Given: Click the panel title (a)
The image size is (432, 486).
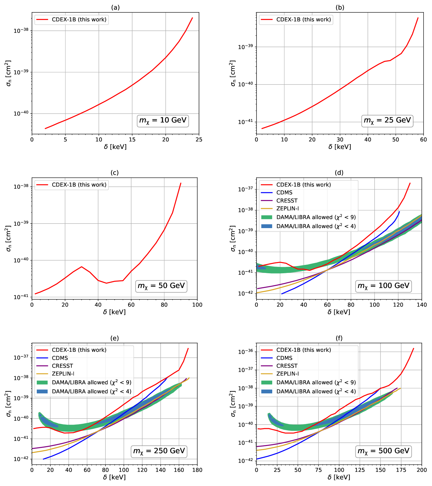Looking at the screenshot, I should point(115,8).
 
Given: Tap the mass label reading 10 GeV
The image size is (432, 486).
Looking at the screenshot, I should point(163,120).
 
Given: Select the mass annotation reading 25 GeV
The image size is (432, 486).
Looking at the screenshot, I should point(387,120).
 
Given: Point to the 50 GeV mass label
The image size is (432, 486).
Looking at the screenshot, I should point(161,286).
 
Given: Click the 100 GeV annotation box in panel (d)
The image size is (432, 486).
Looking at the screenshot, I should point(383,286).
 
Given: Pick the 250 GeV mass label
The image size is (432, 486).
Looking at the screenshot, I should point(159,451).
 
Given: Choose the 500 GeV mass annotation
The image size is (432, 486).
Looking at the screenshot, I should point(383,451).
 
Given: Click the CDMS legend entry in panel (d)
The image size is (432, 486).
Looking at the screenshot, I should point(284,193).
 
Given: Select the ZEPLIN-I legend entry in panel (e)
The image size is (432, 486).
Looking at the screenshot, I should point(63,374).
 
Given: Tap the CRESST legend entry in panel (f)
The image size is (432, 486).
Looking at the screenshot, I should point(287,366).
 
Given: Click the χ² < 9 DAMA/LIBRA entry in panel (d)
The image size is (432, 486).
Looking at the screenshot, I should point(316,217).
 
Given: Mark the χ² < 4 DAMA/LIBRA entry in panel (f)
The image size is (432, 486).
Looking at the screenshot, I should point(316,392).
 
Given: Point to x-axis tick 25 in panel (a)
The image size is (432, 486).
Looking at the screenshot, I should point(199,140).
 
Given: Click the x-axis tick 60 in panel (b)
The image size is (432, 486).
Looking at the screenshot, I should point(423,140).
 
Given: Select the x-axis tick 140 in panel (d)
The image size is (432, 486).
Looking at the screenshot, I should point(421,305).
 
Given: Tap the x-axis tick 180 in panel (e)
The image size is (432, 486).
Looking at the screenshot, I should point(197,470).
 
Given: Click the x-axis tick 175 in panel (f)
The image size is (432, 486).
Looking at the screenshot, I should point(401,470).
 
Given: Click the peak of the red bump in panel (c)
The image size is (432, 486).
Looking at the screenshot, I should point(81,267).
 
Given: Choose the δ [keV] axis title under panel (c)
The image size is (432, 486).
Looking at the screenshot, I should point(114,312).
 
